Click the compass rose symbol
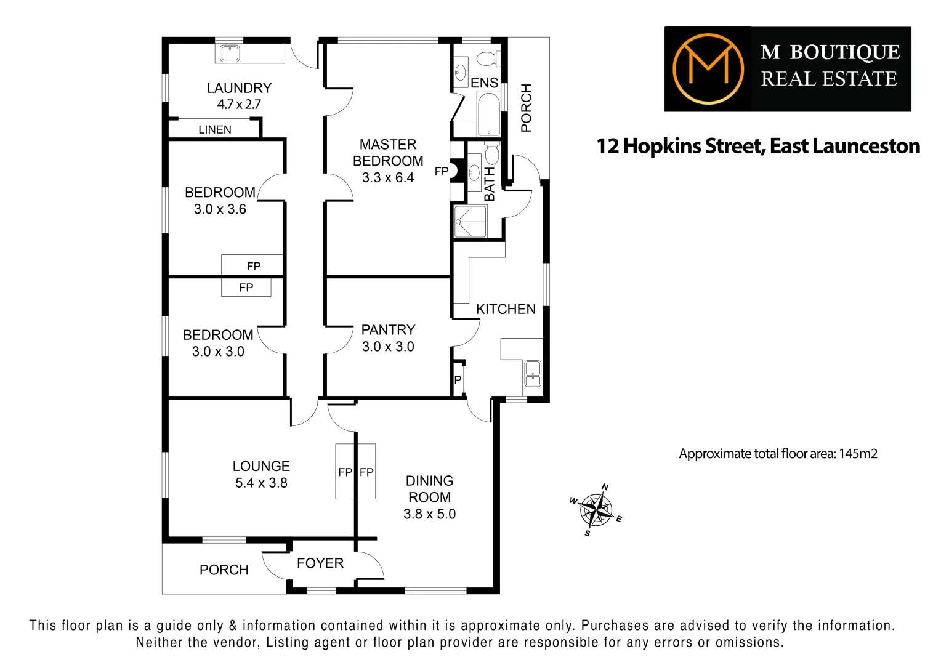tap(596, 510)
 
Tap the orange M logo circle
tap(708, 68)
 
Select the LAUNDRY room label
tap(239, 88)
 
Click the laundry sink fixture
tap(230, 53)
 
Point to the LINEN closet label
tap(215, 130)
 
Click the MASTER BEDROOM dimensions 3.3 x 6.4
tap(388, 178)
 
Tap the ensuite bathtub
tap(489, 114)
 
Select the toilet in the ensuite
tap(488, 59)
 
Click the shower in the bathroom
tap(470, 221)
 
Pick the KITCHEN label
tap(506, 309)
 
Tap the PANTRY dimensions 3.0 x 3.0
tap(388, 347)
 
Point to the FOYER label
tap(320, 563)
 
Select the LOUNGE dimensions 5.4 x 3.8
tap(261, 483)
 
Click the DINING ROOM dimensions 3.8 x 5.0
tap(429, 514)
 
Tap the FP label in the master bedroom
tap(442, 171)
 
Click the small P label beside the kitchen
tap(458, 380)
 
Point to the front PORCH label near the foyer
tap(224, 570)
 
